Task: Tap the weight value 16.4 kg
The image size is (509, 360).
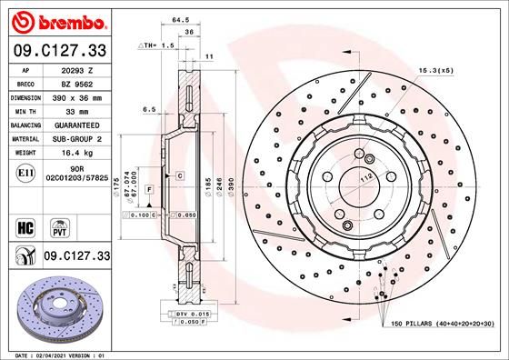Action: point(72,155)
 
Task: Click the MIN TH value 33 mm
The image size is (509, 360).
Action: point(72,111)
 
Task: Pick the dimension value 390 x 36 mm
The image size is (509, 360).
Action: point(72,96)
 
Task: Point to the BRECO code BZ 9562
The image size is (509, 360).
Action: point(72,82)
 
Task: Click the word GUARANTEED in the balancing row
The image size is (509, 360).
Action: point(72,125)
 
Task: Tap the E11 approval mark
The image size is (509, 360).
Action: point(26,172)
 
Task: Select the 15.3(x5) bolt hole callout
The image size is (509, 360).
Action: point(436,70)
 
